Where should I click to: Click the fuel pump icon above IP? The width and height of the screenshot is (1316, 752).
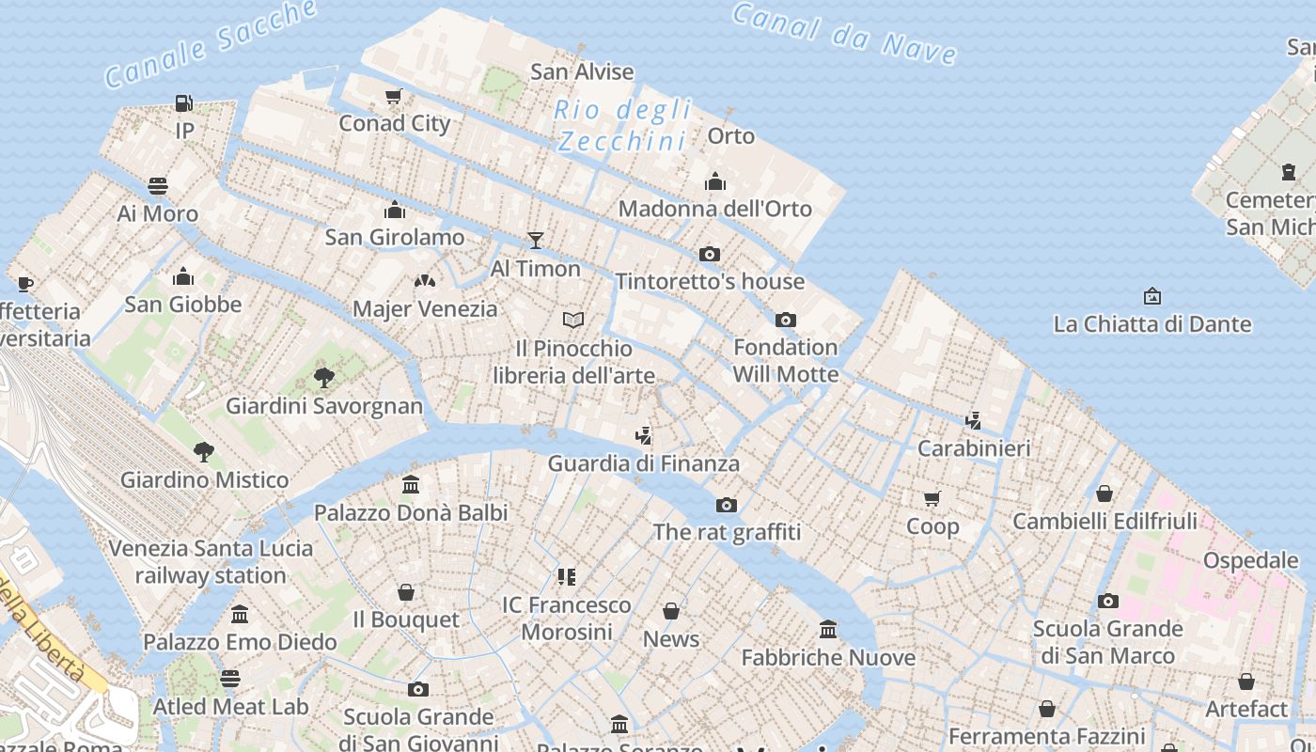tap(184, 103)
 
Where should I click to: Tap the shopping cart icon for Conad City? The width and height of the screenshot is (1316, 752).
tap(394, 96)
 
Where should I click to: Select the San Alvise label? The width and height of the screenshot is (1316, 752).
tap(582, 71)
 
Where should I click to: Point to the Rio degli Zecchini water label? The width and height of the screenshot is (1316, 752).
tap(623, 125)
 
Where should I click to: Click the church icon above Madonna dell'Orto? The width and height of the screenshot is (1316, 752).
tap(715, 181)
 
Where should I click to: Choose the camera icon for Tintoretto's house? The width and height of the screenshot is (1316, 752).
tap(710, 254)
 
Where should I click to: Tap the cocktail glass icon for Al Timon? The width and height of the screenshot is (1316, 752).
tap(536, 241)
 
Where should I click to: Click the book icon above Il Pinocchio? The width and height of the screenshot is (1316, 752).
tap(573, 321)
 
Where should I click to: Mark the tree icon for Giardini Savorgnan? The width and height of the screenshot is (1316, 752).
tap(324, 378)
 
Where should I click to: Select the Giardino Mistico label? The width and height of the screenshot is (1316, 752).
tap(204, 479)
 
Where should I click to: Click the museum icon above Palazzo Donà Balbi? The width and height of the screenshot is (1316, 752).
tap(411, 485)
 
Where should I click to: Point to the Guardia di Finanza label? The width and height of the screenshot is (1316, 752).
tap(643, 463)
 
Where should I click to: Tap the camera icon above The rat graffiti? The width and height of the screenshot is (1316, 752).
tap(727, 505)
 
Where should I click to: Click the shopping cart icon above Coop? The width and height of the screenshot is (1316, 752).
tap(932, 498)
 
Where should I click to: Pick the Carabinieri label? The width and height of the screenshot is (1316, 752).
tap(973, 448)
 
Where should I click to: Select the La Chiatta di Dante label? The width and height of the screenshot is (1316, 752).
tap(1151, 324)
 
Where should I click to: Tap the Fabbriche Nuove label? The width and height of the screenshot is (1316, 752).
tap(828, 657)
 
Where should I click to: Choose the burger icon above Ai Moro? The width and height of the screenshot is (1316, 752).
tap(158, 186)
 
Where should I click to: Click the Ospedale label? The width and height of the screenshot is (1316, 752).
tap(1250, 560)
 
